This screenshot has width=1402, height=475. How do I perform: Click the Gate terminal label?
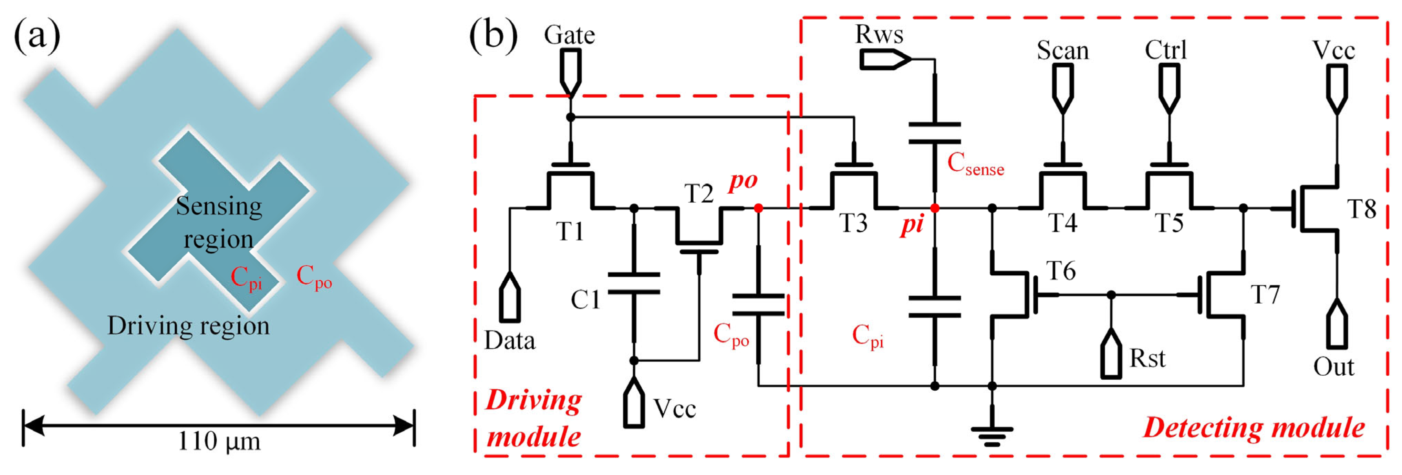pyautogui.click(x=569, y=35)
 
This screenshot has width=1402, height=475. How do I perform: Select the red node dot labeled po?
pyautogui.click(x=758, y=208)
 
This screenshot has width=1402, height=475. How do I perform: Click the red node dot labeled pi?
pyautogui.click(x=934, y=208)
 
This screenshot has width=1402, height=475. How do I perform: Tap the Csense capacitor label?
pyautogui.click(x=975, y=164)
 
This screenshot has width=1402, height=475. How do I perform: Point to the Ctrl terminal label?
pyautogui.click(x=1165, y=50)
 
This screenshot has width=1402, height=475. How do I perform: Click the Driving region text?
pyautogui.click(x=188, y=326)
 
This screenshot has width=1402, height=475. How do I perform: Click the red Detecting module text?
pyautogui.click(x=1254, y=427)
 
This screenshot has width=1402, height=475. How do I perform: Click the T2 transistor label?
pyautogui.click(x=698, y=194)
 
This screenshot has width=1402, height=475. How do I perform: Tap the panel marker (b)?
pyautogui.click(x=493, y=35)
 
